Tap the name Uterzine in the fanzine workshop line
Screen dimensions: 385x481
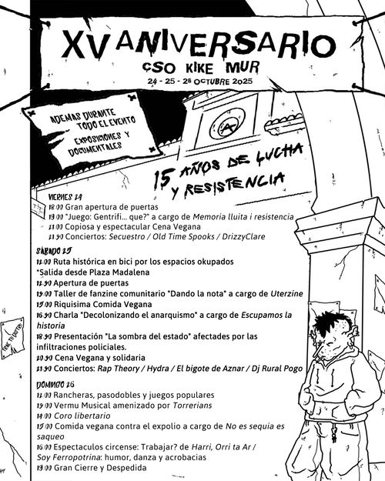pos(295,293)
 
